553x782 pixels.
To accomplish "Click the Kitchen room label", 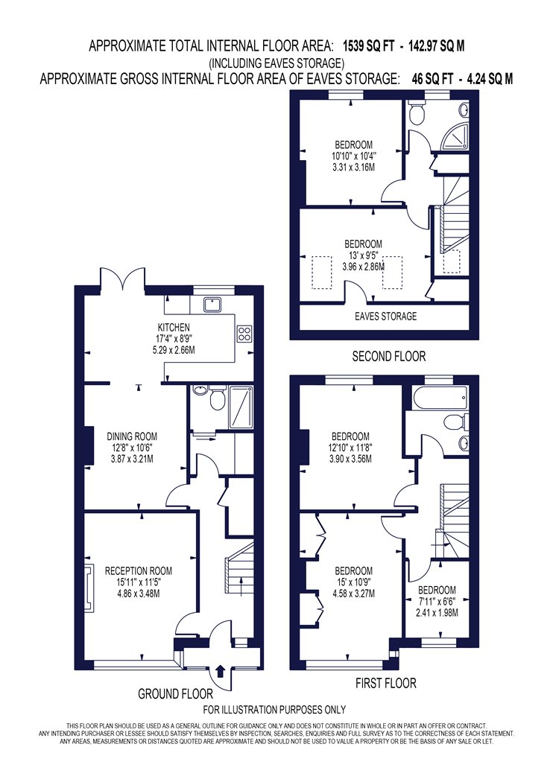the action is [x=174, y=328].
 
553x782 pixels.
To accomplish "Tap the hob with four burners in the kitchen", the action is [x=244, y=334].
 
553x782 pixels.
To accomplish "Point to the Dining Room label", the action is [x=132, y=436].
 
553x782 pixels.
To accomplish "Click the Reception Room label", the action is [x=139, y=571].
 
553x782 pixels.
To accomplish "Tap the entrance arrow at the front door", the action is [x=221, y=670].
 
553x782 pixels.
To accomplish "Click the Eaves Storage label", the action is [x=386, y=317].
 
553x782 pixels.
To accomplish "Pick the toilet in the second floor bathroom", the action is [x=415, y=112].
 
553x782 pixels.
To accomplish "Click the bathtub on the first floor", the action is [x=437, y=398].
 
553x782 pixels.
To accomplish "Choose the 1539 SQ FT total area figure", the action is [x=368, y=46].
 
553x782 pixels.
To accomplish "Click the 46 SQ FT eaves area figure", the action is [x=433, y=79].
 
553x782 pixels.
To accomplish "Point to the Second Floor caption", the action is [x=389, y=357].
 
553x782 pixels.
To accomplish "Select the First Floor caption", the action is [x=386, y=683].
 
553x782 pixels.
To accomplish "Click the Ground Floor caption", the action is [x=175, y=693].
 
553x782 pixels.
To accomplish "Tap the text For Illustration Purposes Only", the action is [x=274, y=710].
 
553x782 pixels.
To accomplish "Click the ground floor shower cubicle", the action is [x=241, y=407].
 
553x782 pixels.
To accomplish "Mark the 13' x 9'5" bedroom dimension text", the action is [x=364, y=256].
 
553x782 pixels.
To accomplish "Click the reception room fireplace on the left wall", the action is [x=89, y=587].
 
